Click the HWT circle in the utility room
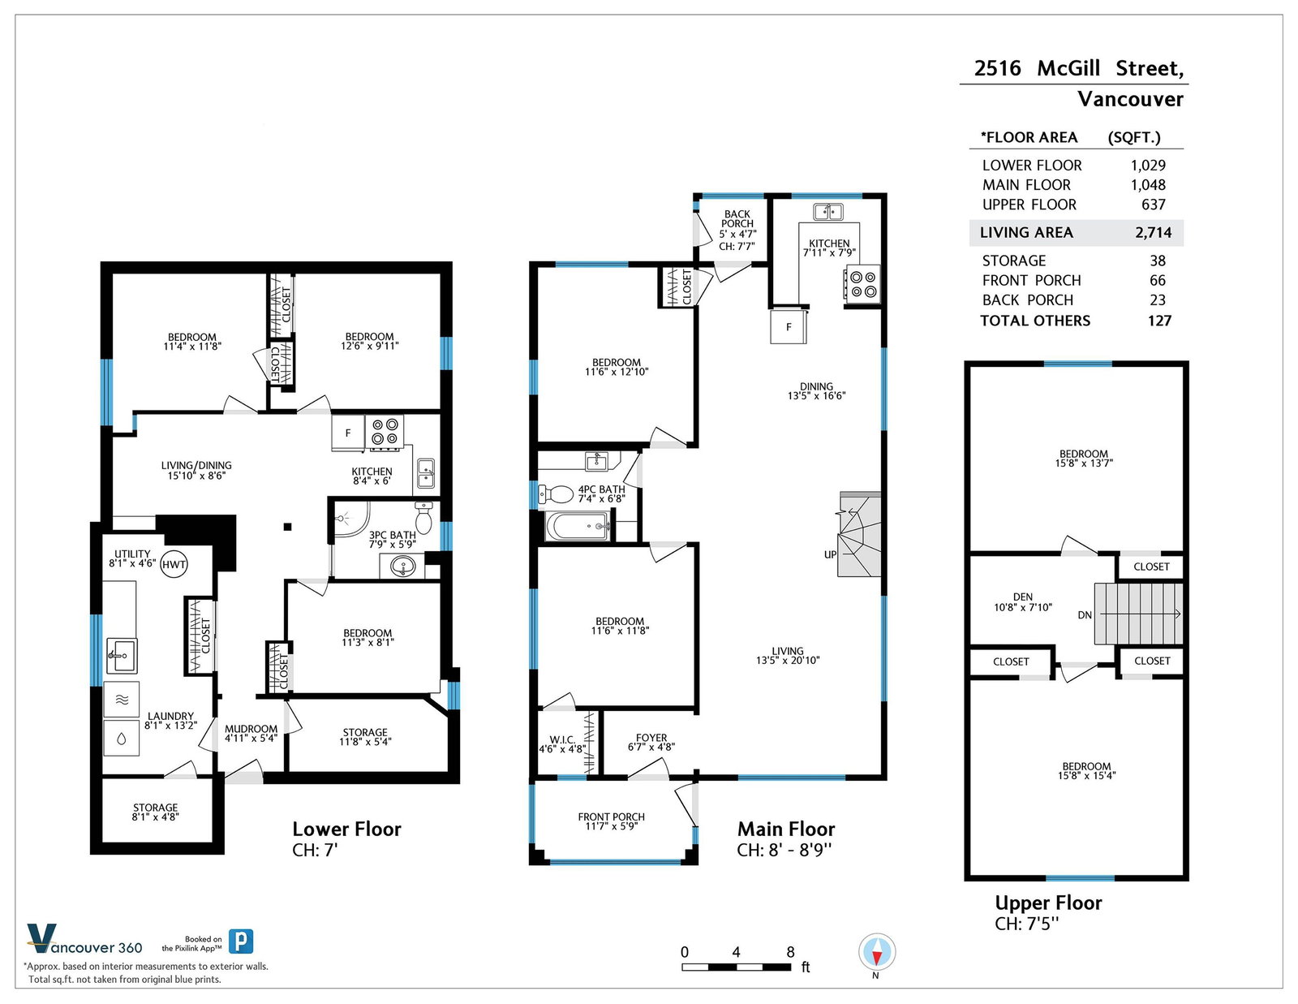point(174,564)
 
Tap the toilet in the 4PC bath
point(556,494)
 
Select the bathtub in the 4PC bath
point(578,527)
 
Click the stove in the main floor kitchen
point(862,285)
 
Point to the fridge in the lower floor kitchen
point(348,432)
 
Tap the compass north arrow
point(877,952)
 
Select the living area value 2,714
point(1153,232)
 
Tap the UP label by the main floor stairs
point(830,554)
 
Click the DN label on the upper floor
point(1085,615)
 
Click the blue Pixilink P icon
point(241,942)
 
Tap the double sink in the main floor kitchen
point(828,212)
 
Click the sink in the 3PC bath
point(404,566)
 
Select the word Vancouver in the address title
point(1130,99)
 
